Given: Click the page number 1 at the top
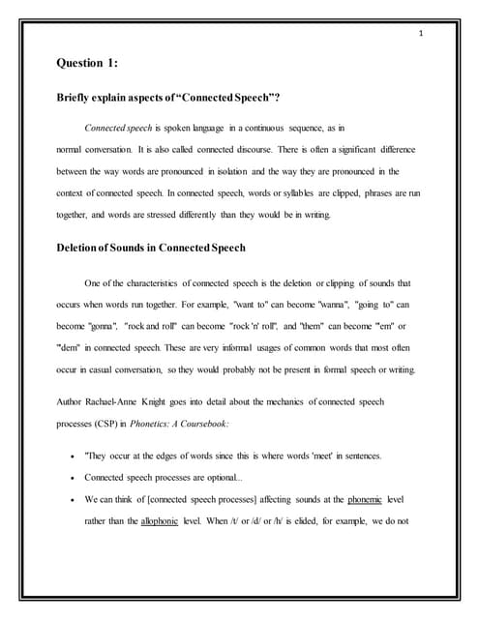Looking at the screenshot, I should [x=422, y=34].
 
